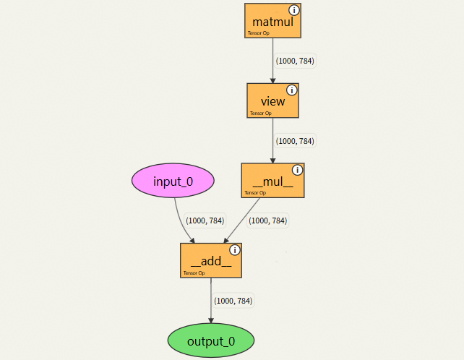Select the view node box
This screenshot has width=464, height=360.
click(x=272, y=100)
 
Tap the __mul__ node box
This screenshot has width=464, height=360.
click(x=272, y=181)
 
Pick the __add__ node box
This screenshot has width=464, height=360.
click(x=210, y=260)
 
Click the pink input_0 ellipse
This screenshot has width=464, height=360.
click(x=173, y=181)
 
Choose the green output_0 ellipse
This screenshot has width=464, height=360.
click(x=211, y=341)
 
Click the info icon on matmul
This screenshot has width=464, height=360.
click(x=294, y=10)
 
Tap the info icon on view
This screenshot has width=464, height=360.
click(x=292, y=90)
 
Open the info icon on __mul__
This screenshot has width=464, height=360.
click(x=297, y=170)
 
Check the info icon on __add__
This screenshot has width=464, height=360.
click(x=234, y=250)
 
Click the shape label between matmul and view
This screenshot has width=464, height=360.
click(x=296, y=61)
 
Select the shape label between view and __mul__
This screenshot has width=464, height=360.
click(x=296, y=141)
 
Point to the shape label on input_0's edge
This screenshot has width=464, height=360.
click(x=205, y=220)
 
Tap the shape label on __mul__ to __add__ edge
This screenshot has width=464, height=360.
click(x=268, y=220)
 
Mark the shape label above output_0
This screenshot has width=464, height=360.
click(x=233, y=301)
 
